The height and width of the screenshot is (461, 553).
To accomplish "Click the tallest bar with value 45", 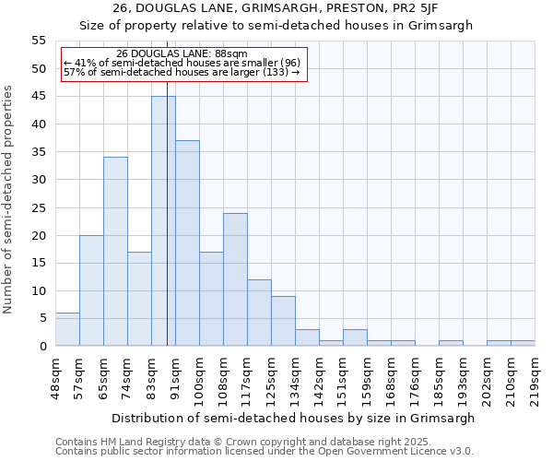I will [x=163, y=221].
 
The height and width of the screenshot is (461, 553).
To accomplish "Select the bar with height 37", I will [x=187, y=243].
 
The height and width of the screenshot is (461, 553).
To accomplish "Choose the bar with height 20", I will [x=91, y=290].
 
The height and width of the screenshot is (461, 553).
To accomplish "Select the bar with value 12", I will [x=259, y=313].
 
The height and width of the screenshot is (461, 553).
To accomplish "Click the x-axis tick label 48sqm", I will [x=56, y=372].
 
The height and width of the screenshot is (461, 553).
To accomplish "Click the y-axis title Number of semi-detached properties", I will [x=9, y=199].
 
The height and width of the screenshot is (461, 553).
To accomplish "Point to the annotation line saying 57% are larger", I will [x=182, y=72].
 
